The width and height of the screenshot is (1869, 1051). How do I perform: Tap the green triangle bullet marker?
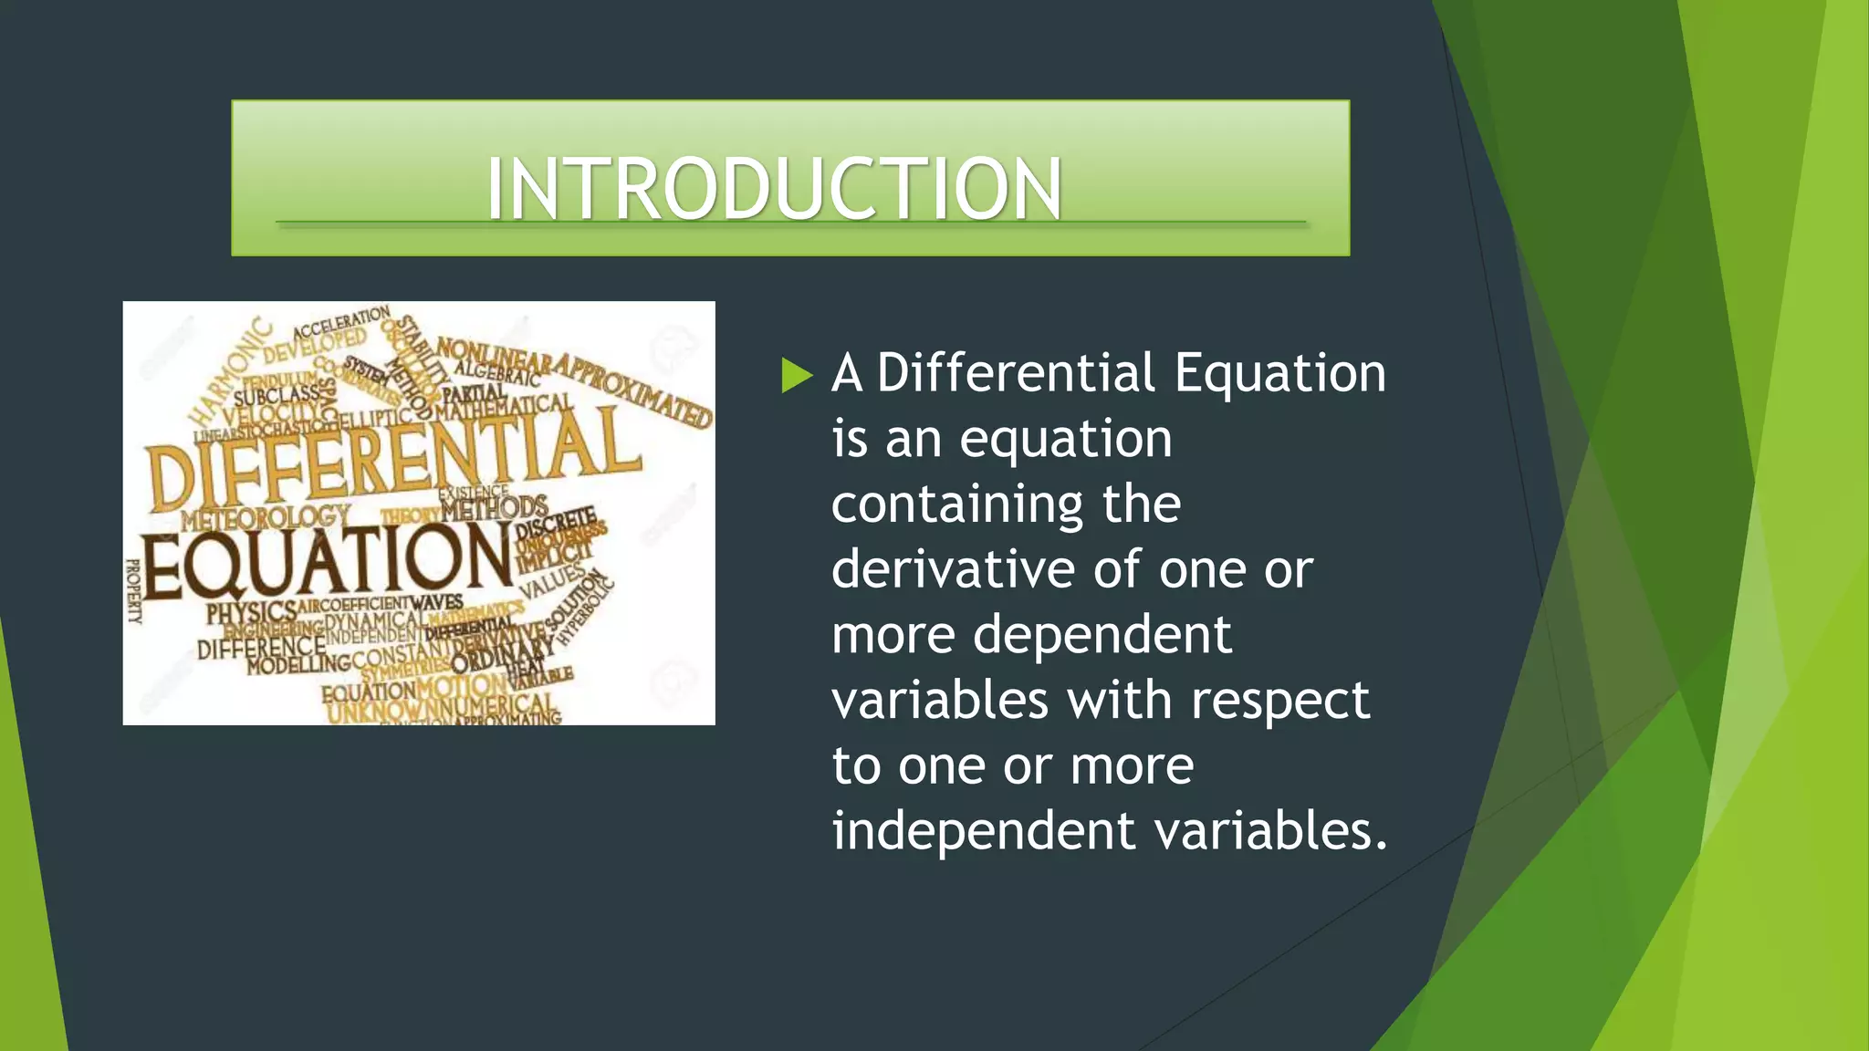pos(796,375)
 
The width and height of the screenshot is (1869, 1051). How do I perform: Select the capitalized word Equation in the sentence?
pos(1279,373)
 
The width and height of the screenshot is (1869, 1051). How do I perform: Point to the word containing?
pos(956,505)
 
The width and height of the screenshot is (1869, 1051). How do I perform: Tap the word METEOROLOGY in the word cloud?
pos(265,518)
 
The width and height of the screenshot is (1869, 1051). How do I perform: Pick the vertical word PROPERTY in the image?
pos(134,590)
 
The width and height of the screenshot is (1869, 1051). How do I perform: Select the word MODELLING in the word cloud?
pos(298,663)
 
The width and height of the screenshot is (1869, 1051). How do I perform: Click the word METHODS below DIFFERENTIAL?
pos(494,507)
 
